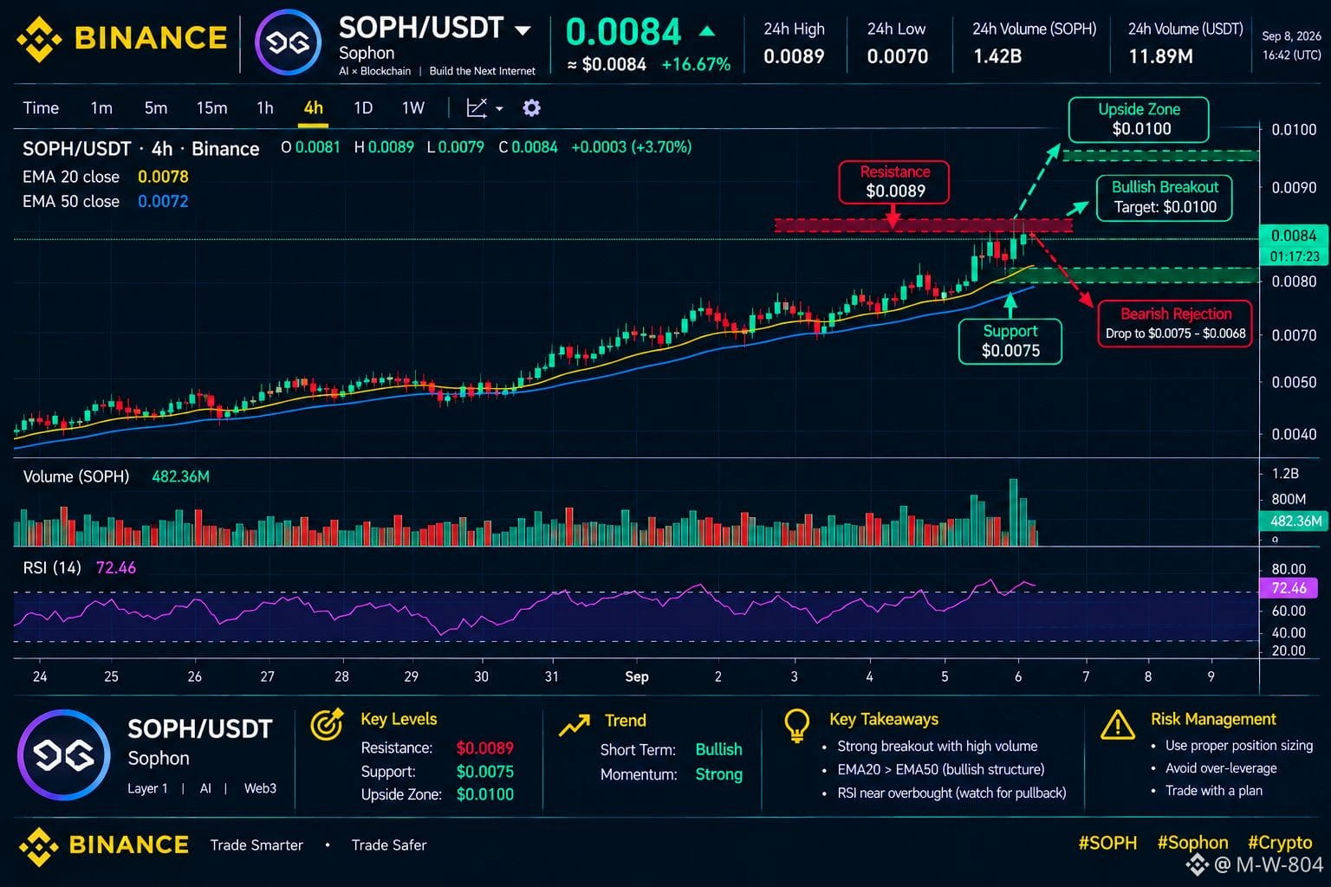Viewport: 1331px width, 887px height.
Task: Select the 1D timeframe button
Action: (x=363, y=108)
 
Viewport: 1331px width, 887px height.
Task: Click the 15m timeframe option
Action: (x=211, y=108)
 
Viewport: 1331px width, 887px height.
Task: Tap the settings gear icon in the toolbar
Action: (x=531, y=108)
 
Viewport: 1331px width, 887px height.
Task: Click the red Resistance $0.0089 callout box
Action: (x=893, y=182)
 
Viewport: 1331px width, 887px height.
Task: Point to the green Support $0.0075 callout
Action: (x=1010, y=341)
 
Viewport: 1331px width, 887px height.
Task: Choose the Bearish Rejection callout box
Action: (x=1175, y=323)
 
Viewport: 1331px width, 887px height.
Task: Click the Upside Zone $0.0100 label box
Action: (x=1139, y=120)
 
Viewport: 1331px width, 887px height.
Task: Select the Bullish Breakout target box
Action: (x=1164, y=197)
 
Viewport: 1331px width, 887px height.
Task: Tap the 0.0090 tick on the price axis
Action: (x=1294, y=188)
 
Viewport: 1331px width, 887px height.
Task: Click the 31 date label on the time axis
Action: (x=552, y=677)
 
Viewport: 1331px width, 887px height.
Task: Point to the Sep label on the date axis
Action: (x=636, y=677)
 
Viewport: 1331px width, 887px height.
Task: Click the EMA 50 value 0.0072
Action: (x=163, y=202)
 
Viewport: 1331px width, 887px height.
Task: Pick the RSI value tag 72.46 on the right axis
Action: (x=1289, y=588)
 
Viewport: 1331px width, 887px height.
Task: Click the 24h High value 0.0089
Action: (x=794, y=56)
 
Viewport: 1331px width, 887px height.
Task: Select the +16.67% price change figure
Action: (x=696, y=64)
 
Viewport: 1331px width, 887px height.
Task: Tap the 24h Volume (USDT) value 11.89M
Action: (x=1160, y=56)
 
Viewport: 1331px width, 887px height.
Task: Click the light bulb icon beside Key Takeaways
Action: (x=797, y=725)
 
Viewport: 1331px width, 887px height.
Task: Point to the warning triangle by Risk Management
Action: (x=1118, y=725)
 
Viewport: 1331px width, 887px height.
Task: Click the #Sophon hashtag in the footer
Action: (x=1192, y=843)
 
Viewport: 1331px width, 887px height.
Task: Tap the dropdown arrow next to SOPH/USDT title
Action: (x=523, y=30)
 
